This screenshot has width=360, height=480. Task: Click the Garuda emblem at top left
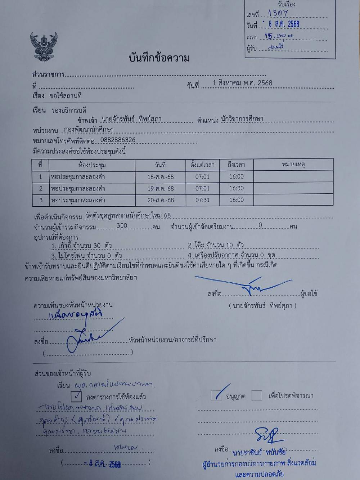44,47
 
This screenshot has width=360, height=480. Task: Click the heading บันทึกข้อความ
159,58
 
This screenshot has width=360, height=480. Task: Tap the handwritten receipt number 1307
278,13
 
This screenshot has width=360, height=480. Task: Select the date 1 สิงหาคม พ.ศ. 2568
242,83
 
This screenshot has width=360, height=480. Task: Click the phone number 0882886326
118,140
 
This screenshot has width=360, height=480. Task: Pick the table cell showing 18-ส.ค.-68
160,177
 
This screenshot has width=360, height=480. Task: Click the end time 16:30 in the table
236,188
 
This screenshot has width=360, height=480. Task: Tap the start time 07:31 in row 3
202,200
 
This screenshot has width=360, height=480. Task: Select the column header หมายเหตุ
293,165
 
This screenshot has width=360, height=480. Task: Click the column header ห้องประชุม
92,165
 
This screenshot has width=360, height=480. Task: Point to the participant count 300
122,226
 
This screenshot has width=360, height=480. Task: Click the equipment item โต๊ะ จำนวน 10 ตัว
216,245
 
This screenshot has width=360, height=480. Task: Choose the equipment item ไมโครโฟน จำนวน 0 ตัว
86,256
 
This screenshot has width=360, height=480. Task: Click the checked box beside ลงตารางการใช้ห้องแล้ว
76,396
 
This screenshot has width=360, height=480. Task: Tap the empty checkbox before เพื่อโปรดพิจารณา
257,396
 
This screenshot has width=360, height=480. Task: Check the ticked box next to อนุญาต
216,396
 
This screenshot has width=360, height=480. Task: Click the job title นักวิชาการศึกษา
242,119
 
